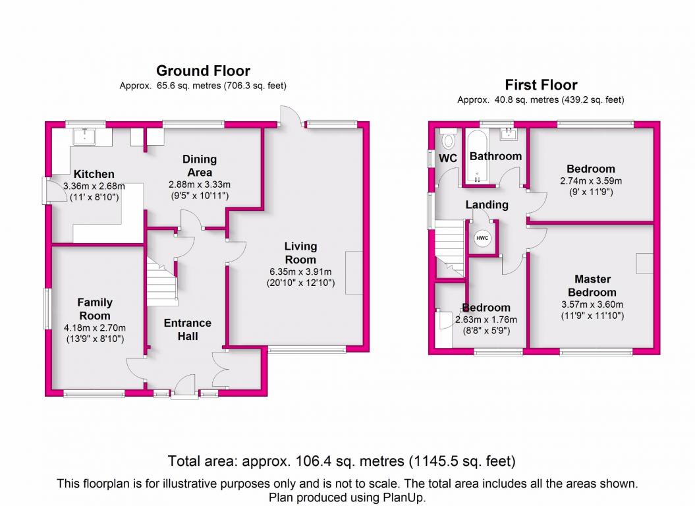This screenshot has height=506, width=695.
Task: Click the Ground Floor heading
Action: pos(203,70)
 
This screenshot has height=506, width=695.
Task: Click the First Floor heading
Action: pos(542,85)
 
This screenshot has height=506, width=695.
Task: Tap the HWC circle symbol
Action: pos(482,238)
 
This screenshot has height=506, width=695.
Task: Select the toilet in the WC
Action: pos(448,138)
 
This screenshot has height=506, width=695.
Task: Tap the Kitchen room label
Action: pos(94,174)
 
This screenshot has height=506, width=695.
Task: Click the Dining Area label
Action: pos(200,165)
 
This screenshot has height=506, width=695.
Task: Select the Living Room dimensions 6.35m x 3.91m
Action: pos(300,272)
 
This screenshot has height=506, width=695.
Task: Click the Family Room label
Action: pos(95,308)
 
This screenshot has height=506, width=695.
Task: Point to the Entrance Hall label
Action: pos(188,329)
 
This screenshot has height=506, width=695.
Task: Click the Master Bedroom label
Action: pos(592,285)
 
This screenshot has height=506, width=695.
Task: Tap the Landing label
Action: pos(487,204)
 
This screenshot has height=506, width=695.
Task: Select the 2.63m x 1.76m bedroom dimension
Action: pos(486,320)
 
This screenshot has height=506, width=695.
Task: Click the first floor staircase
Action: pos(449,249)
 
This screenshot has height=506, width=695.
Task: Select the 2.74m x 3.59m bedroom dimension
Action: pos(591,181)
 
